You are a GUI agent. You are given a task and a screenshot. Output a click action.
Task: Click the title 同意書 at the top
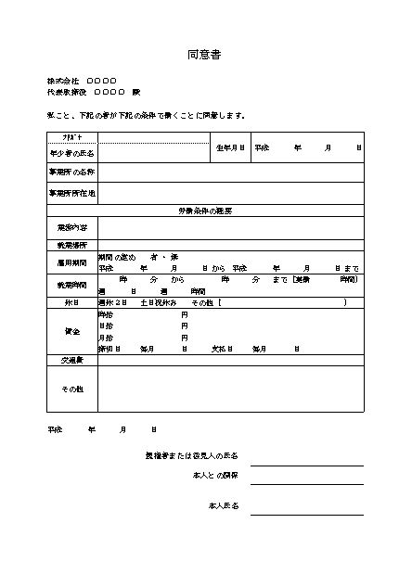[204, 56]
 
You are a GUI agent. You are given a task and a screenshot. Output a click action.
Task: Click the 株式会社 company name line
[82, 82]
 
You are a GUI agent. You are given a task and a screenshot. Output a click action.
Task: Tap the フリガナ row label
[71, 136]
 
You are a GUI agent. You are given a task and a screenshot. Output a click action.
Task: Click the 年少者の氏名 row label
[71, 152]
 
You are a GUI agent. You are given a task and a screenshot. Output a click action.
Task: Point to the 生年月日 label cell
[230, 147]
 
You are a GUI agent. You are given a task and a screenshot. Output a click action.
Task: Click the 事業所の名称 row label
[71, 172]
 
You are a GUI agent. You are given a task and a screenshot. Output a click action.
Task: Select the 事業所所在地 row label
[71, 194]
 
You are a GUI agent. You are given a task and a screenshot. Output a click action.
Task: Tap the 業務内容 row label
[71, 227]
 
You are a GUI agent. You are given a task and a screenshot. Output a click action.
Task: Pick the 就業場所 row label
[71, 246]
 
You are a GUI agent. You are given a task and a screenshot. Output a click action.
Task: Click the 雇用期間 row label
[71, 262]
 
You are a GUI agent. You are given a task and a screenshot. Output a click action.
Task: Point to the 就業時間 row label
[71, 285]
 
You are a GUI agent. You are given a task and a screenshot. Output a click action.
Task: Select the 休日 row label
[71, 301]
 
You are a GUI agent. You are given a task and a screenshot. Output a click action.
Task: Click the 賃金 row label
[71, 331]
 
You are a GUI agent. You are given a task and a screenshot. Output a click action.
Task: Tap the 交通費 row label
[71, 359]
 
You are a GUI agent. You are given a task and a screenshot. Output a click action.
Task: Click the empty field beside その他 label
[230, 389]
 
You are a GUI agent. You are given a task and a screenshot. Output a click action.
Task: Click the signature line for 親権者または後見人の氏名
[306, 465]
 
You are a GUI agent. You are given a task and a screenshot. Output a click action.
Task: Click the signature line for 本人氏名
[306, 513]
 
